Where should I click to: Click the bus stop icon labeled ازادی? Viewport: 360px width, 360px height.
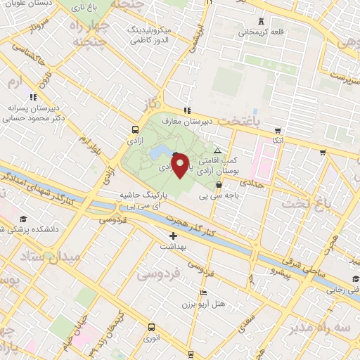coord(134,129)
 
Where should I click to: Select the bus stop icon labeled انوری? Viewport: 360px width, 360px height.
coord(151,327)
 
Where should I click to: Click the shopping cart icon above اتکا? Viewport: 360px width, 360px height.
coord(278,131)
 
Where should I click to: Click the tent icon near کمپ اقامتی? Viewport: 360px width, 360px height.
coord(217,150)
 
